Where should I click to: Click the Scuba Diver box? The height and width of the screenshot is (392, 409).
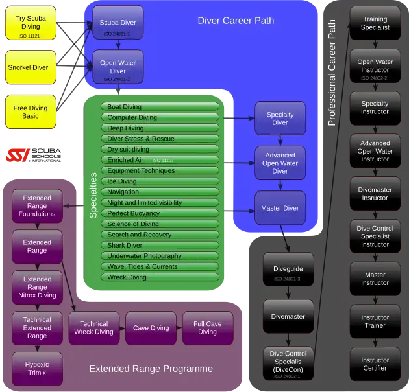(118, 23)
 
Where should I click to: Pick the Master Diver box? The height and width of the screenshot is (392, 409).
(280, 208)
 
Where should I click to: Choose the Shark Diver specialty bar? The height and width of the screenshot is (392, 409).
(160, 246)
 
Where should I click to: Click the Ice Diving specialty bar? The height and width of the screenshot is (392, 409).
(160, 181)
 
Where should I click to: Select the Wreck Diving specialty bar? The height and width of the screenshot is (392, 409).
(160, 277)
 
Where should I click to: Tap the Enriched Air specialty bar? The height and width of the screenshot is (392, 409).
(160, 160)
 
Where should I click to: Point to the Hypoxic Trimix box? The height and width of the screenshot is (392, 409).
(37, 369)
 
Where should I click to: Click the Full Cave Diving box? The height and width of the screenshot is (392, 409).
(207, 328)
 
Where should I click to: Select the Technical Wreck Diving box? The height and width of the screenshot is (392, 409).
(93, 328)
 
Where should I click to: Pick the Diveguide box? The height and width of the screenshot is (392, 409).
(288, 269)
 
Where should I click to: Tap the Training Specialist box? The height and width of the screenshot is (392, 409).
(375, 23)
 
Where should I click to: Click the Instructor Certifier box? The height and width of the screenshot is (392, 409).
(375, 364)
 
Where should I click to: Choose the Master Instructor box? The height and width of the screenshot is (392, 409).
(375, 279)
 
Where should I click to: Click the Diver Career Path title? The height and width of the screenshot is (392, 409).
(236, 21)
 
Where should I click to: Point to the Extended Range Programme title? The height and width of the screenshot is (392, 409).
(151, 369)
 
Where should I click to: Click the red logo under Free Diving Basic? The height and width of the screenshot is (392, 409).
(18, 155)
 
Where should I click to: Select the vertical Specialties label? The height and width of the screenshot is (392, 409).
(93, 194)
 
